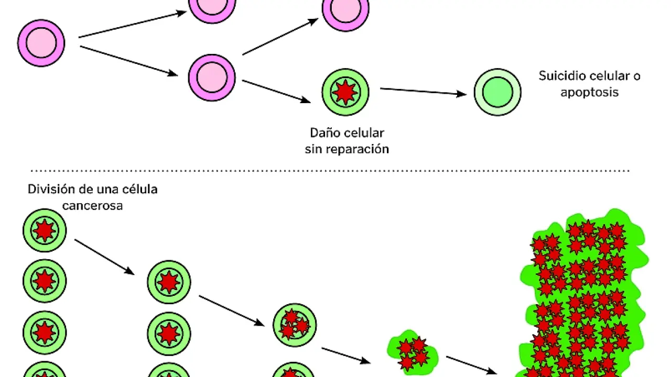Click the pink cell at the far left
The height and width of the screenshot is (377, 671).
pyautogui.click(x=41, y=43)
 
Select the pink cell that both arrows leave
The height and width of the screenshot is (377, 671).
pyautogui.click(x=212, y=77)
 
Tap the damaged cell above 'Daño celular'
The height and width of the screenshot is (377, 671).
pyautogui.click(x=345, y=92)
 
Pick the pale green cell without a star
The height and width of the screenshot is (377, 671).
pyautogui.click(x=497, y=92)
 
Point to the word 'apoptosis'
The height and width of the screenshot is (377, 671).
pyautogui.click(x=589, y=93)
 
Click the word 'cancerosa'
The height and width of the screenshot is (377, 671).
pyautogui.click(x=92, y=206)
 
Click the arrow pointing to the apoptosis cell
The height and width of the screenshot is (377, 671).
pyautogui.click(x=423, y=92)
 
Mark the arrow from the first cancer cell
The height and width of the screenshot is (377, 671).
pyautogui.click(x=104, y=257)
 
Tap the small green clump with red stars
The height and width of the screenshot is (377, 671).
pyautogui.click(x=413, y=351)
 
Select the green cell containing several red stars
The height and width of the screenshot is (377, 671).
pyautogui.click(x=295, y=325)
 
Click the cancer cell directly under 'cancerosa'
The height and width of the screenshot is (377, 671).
pyautogui.click(x=45, y=230)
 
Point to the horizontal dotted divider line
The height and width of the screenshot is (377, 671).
pyautogui.click(x=330, y=171)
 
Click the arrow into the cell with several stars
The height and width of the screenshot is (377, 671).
pyautogui.click(x=231, y=311)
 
